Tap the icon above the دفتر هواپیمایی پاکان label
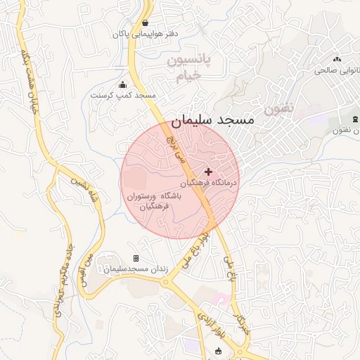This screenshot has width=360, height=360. (x=146, y=22)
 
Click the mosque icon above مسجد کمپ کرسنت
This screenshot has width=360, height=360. (x=124, y=84)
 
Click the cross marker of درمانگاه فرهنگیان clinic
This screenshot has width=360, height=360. (x=208, y=172)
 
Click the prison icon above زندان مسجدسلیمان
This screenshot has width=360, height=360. (x=136, y=259)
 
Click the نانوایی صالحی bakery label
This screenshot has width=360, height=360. (x=337, y=70)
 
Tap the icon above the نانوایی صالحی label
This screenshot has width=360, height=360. (x=337, y=60)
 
